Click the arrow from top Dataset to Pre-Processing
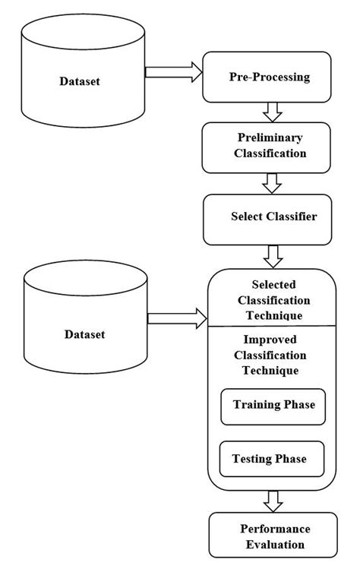pos(173,72)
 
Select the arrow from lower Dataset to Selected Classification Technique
pos(177,320)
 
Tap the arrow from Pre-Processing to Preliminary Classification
pos(272,112)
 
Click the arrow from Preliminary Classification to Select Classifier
pos(272,183)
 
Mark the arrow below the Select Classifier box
pos(272,254)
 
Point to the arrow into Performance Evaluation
pos(272,501)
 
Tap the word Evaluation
pos(272,544)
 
